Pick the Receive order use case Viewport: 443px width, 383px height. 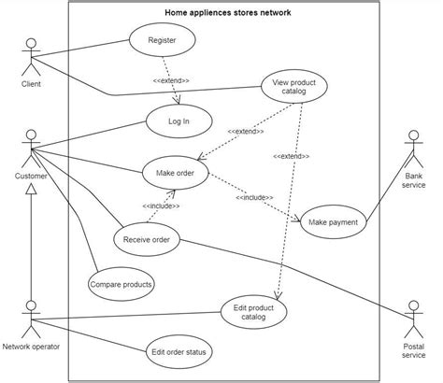point(146,240)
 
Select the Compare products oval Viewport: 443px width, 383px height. point(121,283)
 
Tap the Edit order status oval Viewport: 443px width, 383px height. point(179,352)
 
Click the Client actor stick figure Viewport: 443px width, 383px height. point(33,56)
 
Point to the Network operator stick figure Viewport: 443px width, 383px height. point(33,319)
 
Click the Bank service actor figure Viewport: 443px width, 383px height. point(414,149)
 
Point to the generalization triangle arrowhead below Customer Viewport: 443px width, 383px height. point(33,191)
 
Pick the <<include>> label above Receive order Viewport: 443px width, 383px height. point(161,206)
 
